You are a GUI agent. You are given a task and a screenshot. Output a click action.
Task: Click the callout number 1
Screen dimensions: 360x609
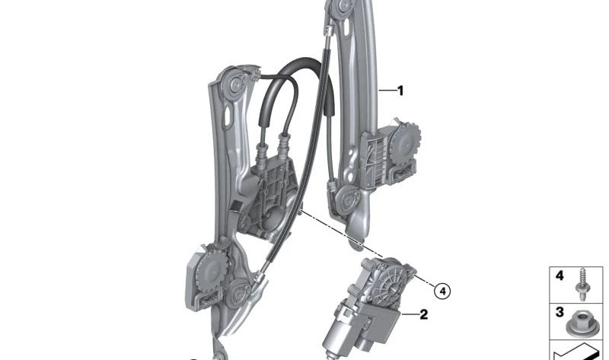tap(400, 91)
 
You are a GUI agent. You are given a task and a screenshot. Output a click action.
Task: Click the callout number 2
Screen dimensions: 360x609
tap(424, 313)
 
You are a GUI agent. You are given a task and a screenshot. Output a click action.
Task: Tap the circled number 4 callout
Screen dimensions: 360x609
tap(443, 290)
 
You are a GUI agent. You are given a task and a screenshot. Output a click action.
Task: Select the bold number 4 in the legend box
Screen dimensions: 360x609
tap(559, 276)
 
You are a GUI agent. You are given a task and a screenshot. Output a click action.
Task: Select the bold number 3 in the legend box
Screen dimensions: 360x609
tap(559, 312)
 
